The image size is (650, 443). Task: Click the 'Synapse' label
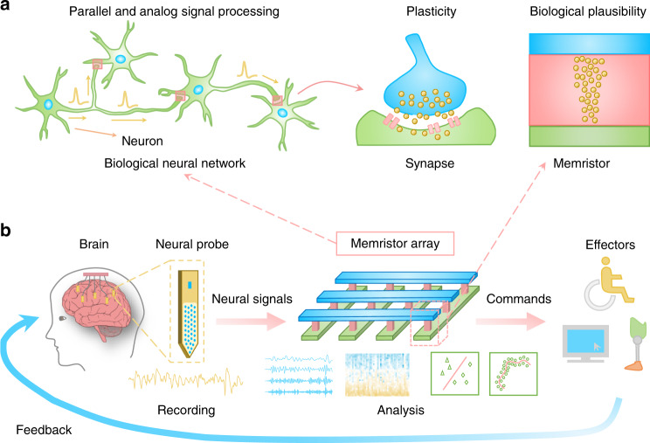(416, 163)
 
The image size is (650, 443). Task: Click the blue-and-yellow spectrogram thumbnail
(377, 374)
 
